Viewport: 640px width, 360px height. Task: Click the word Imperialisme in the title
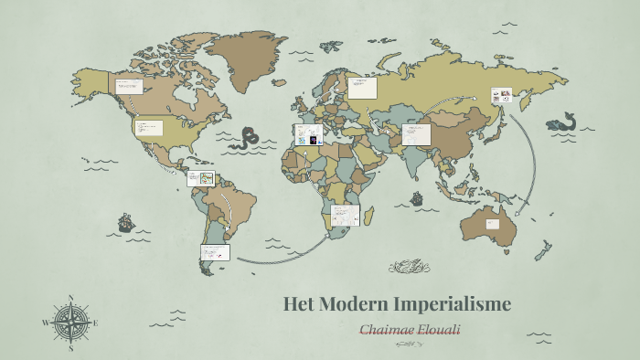click(453, 304)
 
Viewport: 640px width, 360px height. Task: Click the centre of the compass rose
click(69, 323)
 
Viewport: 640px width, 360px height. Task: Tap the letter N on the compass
click(70, 298)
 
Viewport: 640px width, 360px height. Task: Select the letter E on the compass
click(95, 323)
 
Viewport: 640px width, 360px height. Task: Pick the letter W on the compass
click(44, 323)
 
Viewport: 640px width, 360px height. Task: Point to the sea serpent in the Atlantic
click(245, 138)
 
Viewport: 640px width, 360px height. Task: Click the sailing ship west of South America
click(126, 222)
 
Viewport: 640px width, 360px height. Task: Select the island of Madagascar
click(369, 215)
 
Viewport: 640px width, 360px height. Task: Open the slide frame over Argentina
click(216, 251)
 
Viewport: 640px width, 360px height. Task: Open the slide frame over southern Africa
click(346, 215)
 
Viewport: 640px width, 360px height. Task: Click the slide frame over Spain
click(308, 134)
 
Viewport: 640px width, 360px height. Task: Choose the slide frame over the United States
click(149, 127)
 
